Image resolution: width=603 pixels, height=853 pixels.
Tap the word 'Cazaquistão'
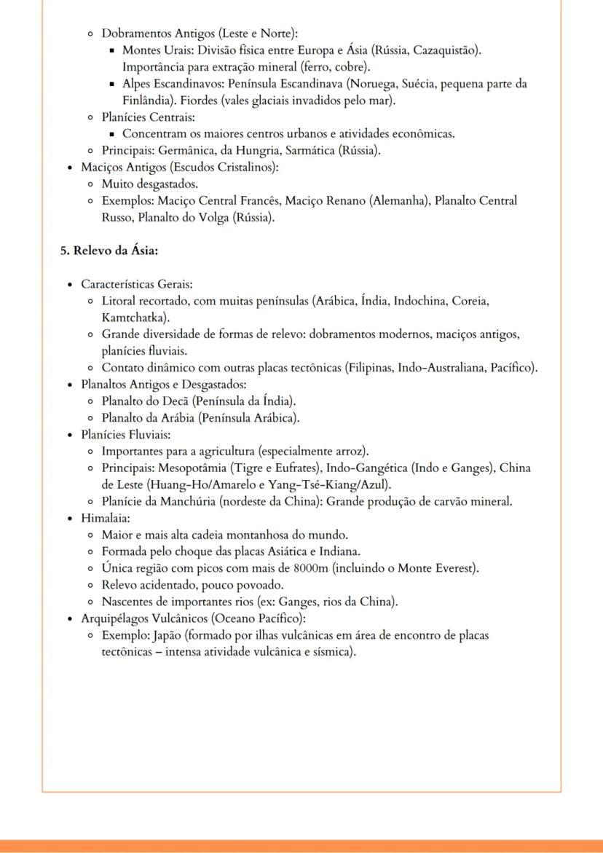449,50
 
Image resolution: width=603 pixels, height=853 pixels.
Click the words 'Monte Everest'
439,568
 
